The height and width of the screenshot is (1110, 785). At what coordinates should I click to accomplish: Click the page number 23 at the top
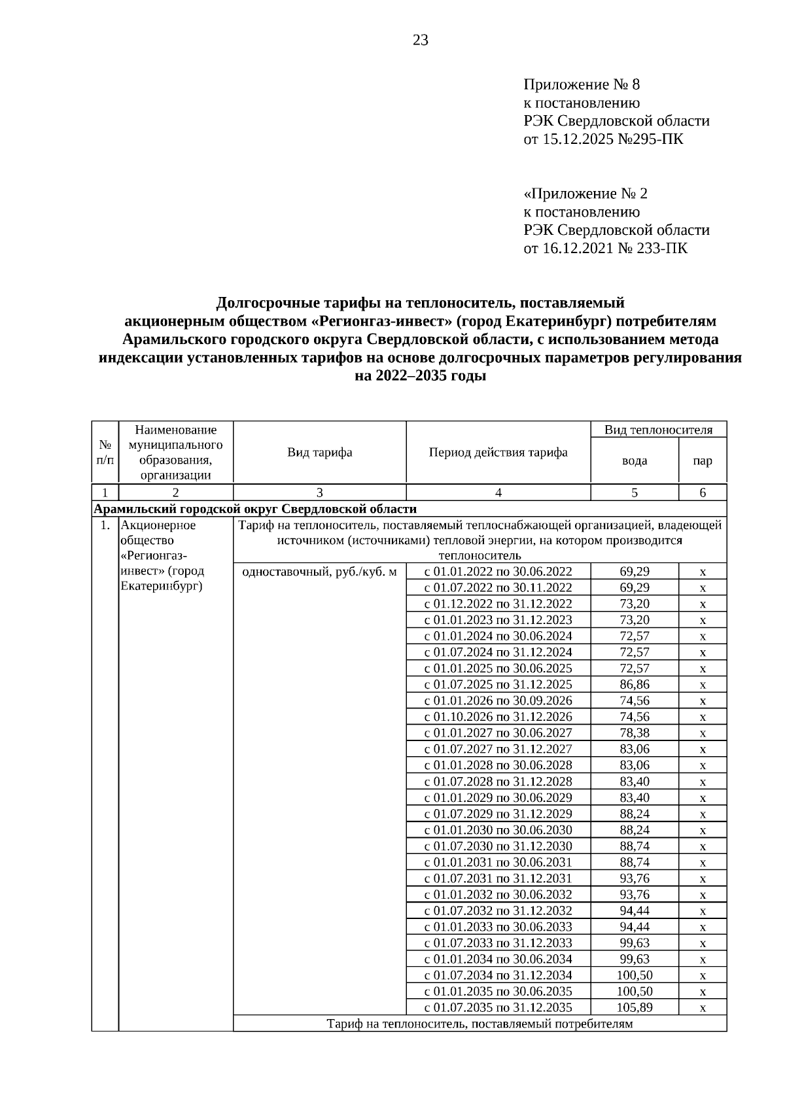420,41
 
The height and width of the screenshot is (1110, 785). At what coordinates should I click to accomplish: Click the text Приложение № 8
582,84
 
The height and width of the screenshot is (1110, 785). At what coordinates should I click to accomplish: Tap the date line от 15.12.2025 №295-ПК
603,139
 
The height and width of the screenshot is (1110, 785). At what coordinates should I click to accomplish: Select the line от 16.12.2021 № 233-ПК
605,249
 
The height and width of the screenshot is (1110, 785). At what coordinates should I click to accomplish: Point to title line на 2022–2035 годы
420,376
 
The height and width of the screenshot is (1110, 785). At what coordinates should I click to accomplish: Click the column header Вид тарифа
319,453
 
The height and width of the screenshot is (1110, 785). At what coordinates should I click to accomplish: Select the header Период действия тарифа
498,453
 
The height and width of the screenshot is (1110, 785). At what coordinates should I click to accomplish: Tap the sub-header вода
634,460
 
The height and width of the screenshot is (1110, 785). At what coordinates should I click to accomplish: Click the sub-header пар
703,460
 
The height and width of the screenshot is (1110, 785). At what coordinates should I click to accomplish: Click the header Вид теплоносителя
658,430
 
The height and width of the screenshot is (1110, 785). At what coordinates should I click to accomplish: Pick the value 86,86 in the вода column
634,685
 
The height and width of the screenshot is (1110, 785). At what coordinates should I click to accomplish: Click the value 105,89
634,1008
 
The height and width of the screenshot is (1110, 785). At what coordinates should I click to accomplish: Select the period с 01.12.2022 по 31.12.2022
498,604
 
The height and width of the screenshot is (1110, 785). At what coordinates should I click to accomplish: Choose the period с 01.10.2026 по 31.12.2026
498,717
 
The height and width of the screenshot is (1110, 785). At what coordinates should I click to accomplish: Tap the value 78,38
634,733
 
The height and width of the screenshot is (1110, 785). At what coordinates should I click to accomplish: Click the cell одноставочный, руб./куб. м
319,572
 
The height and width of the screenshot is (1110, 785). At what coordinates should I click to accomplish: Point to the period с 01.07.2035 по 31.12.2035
498,1008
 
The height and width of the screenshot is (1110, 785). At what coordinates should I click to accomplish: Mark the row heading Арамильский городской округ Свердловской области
255,510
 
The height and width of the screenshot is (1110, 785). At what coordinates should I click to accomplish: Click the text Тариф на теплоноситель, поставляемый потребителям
480,1024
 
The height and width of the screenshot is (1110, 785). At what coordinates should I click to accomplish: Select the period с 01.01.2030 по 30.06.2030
498,830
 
